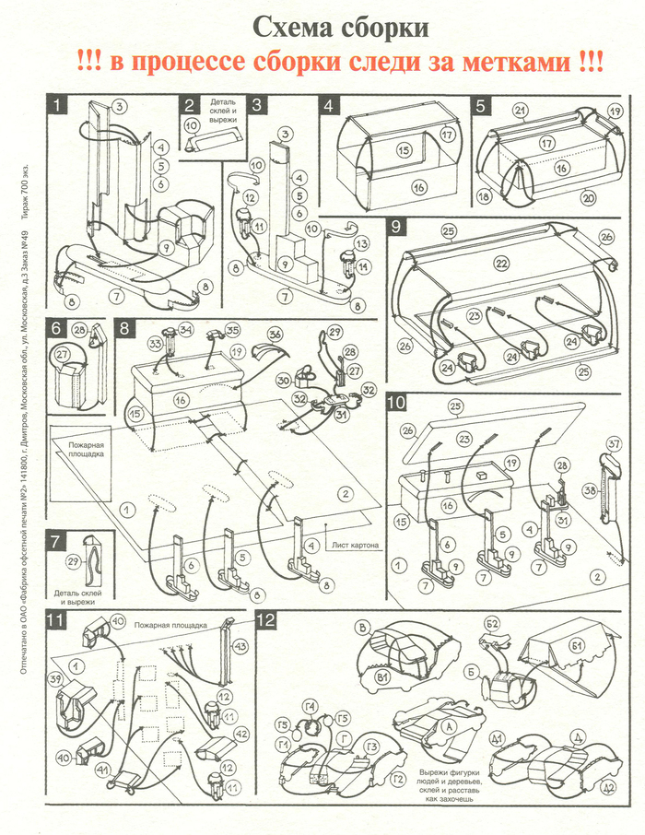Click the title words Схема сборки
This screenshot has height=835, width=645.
(x=340, y=27)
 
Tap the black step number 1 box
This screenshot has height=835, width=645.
(x=57, y=105)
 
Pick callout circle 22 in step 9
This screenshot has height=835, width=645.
(x=501, y=263)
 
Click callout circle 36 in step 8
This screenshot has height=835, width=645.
(x=275, y=335)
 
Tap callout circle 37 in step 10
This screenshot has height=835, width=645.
(x=611, y=444)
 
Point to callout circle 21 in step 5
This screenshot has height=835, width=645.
(x=521, y=112)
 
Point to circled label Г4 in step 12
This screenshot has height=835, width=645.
(x=311, y=708)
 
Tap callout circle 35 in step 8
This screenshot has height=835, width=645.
(x=232, y=329)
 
